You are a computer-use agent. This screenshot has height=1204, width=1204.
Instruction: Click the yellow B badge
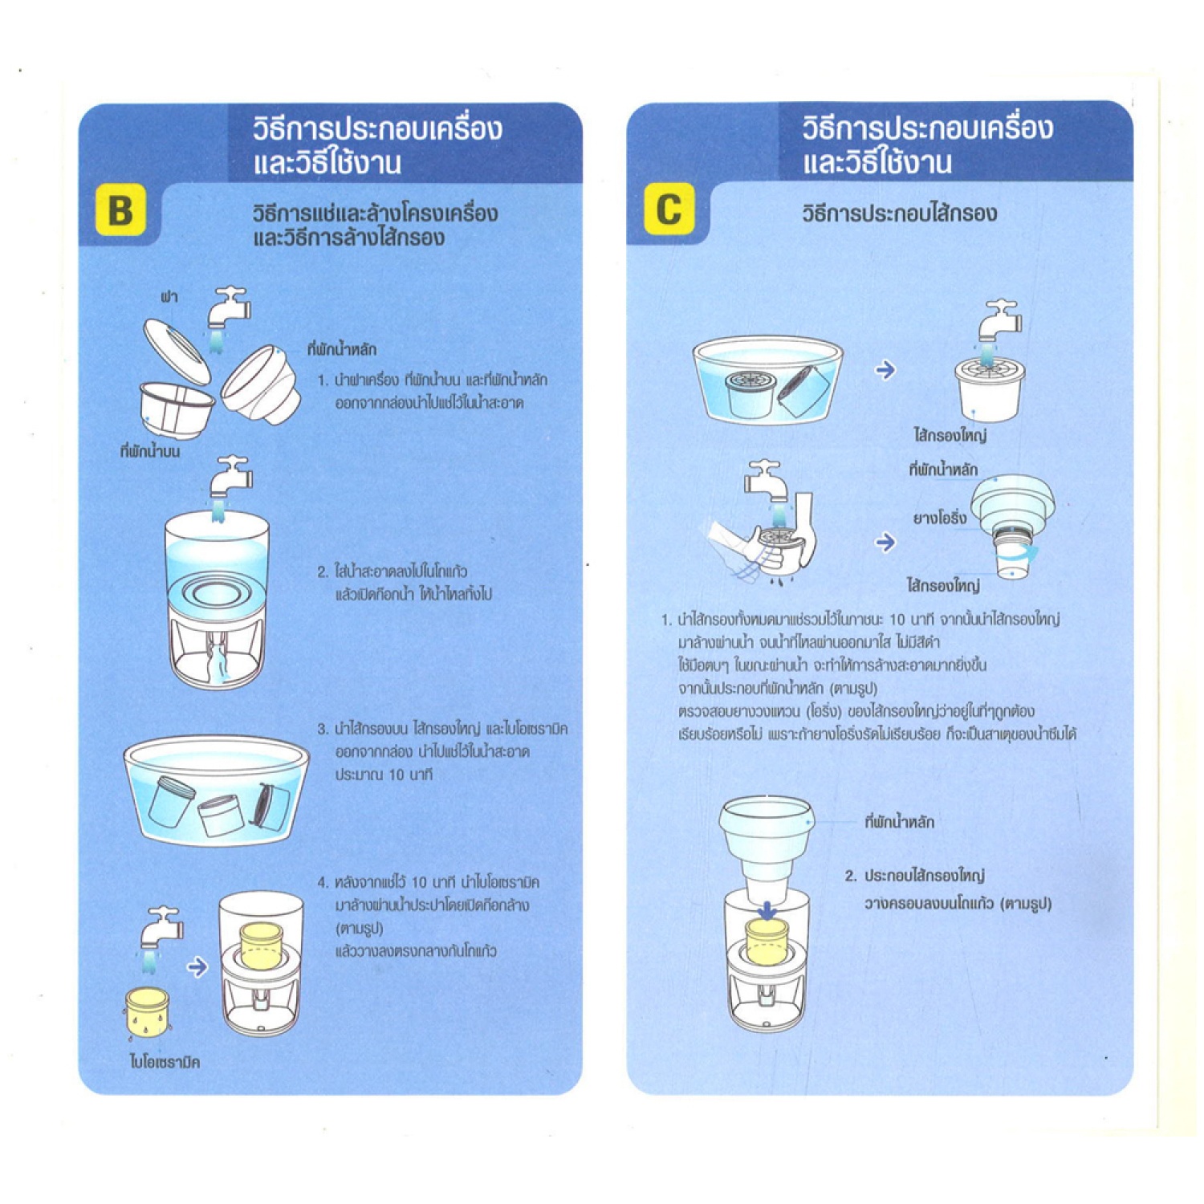(120, 209)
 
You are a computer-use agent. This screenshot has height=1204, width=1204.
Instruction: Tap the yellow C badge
(669, 209)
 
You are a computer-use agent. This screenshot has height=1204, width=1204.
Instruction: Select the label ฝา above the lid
(169, 297)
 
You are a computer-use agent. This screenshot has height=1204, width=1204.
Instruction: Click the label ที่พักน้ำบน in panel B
(150, 451)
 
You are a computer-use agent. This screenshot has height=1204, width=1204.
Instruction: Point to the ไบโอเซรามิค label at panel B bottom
(165, 1062)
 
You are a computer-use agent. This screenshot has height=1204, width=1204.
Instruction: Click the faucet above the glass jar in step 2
(230, 478)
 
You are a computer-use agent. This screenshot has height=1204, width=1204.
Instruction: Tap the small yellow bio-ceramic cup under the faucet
(148, 1013)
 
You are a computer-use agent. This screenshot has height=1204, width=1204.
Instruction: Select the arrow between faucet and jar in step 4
(197, 966)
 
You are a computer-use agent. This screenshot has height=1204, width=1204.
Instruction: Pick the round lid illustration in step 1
(177, 351)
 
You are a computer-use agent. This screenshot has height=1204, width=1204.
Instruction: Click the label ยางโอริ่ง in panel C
(939, 519)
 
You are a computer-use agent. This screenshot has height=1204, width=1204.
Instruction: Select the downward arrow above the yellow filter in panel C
(767, 910)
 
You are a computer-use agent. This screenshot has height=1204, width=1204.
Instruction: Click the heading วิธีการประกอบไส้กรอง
(899, 214)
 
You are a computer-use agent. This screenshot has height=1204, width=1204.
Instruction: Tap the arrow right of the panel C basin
(885, 370)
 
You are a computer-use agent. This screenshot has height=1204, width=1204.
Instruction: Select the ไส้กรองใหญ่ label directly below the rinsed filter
(950, 435)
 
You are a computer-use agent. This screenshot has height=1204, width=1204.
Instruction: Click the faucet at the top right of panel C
(999, 322)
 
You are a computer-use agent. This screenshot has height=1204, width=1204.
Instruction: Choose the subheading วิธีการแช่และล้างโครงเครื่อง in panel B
(375, 214)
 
